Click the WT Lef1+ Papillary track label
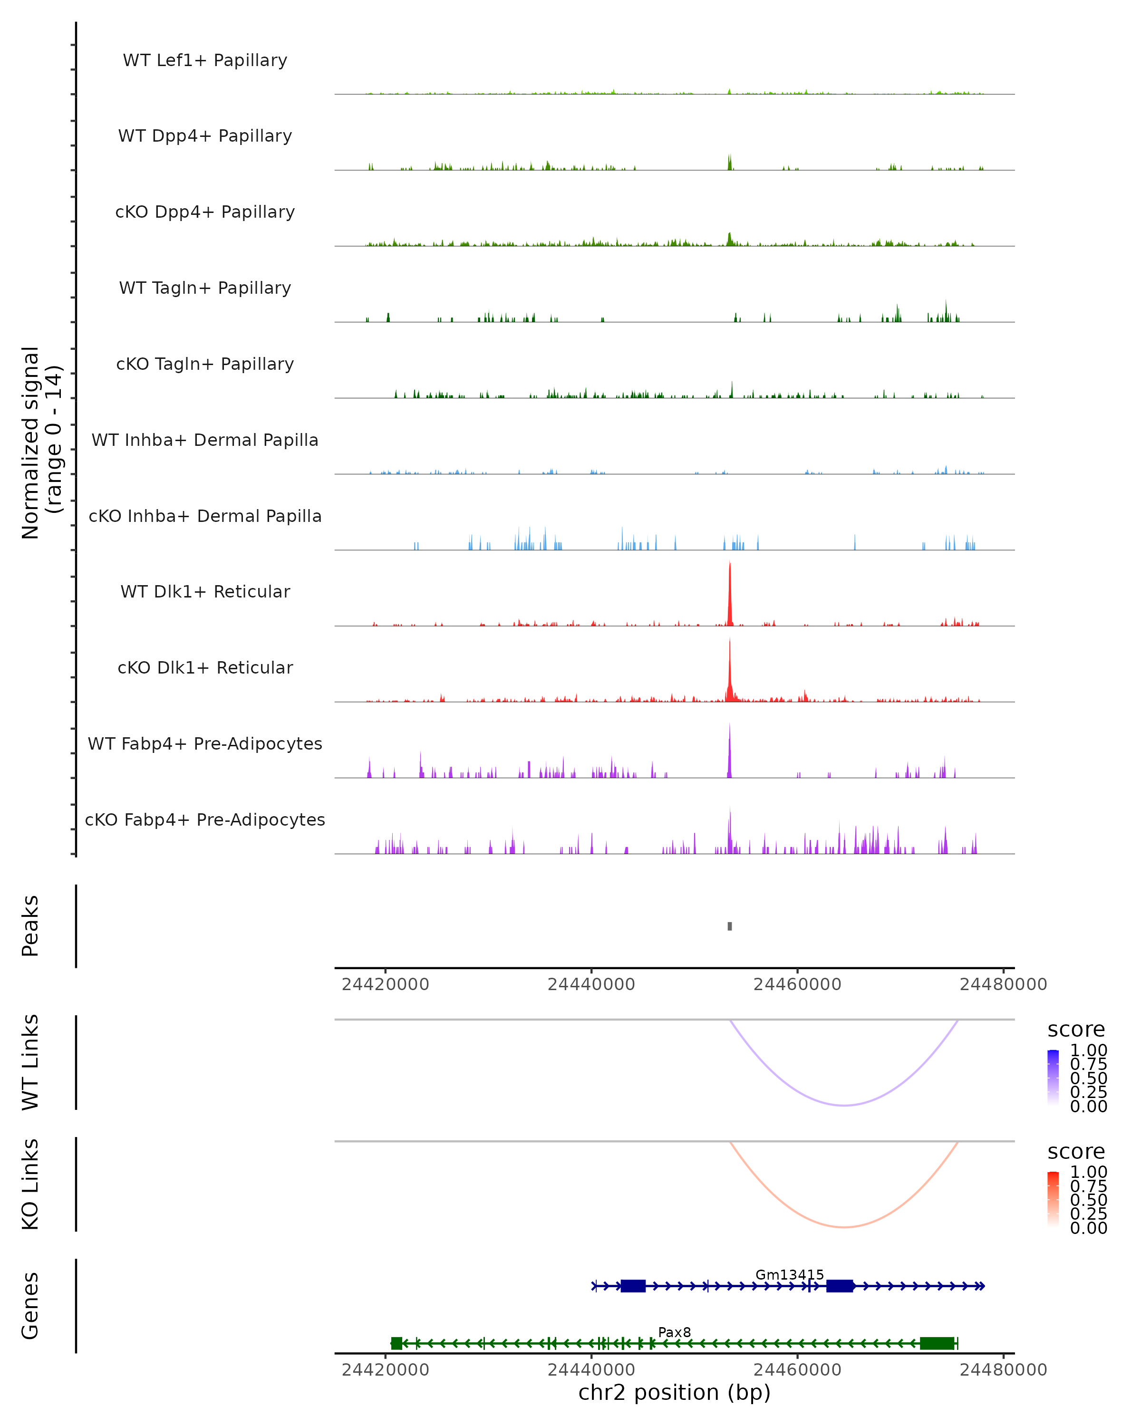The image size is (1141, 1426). pos(205,60)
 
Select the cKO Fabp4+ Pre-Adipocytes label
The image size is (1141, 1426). pos(205,819)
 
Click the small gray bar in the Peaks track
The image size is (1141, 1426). pos(730,926)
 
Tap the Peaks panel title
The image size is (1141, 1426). pos(30,926)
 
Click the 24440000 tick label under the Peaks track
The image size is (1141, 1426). pos(591,984)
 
